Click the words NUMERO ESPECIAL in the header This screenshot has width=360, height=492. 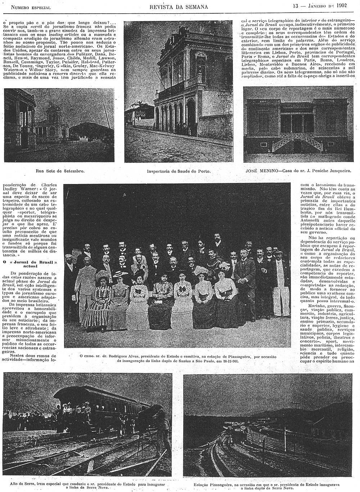(31, 7)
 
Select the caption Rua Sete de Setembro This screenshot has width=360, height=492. (60, 170)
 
